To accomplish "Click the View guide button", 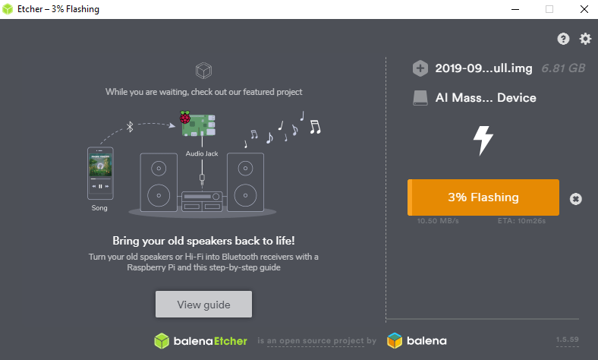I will [x=203, y=305].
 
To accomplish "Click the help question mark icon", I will [x=563, y=39].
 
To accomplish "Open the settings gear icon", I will [x=585, y=39].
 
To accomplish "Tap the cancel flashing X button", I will [x=576, y=199].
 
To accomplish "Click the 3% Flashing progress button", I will [x=483, y=197].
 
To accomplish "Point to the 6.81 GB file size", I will [x=563, y=68].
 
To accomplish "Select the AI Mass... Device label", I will [x=486, y=98].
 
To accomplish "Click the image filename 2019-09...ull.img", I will [x=485, y=68].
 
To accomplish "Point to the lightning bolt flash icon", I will [x=483, y=140].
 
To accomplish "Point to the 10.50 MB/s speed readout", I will [x=438, y=221].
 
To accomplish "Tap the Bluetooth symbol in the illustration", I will [x=130, y=127].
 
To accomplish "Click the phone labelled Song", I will [x=100, y=174].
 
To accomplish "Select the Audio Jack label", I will [x=202, y=153].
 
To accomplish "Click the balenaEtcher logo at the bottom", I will [x=200, y=341].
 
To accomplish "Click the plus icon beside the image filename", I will [x=420, y=68].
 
